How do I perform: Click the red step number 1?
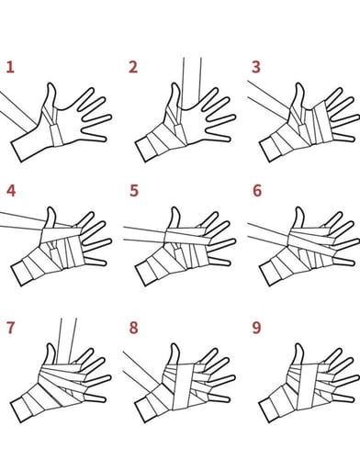point(10,67)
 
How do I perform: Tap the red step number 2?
point(133,67)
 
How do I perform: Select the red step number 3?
point(255,67)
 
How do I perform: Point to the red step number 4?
point(10,191)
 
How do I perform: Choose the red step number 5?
point(133,191)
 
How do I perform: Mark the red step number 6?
point(255,191)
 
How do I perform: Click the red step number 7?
point(10,329)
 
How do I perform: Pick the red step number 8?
point(133,329)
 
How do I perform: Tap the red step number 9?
point(255,329)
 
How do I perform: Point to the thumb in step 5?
point(174,218)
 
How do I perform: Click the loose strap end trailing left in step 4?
point(18,219)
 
